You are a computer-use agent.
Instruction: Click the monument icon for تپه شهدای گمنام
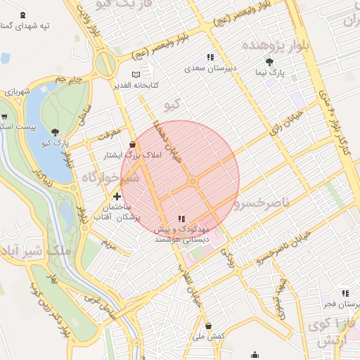(x=25, y=15)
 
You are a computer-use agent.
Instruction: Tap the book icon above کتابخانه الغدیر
(x=136, y=75)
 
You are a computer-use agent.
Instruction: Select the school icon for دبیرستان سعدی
(x=210, y=58)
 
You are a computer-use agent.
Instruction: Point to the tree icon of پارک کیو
(x=55, y=132)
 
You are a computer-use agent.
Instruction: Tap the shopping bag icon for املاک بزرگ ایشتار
(x=133, y=144)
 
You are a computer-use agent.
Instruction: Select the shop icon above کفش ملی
(x=209, y=326)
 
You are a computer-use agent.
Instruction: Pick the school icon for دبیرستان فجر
(x=344, y=293)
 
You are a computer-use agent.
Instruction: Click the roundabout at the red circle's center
(x=193, y=182)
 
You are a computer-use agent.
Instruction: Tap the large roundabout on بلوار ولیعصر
(x=105, y=64)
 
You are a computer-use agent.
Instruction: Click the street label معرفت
(x=112, y=132)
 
